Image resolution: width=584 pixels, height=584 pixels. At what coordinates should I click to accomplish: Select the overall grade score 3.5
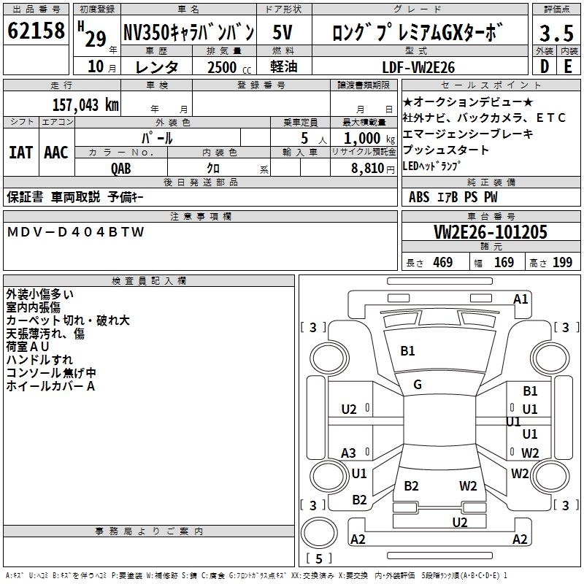555,34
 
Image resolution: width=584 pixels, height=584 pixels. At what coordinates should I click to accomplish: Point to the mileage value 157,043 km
85,104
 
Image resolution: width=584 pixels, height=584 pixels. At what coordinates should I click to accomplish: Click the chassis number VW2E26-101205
490,232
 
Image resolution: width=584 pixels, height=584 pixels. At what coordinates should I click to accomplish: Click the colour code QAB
121,168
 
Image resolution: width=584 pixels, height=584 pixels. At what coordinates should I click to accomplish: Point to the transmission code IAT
20,153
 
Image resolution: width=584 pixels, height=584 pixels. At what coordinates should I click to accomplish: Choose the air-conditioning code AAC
55,153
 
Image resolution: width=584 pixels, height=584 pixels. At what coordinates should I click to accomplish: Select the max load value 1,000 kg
364,138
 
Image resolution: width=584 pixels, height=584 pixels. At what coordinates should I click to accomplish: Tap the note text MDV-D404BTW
76,232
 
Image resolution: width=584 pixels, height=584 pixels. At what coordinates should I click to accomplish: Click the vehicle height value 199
562,263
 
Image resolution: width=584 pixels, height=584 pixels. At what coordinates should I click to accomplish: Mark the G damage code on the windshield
418,385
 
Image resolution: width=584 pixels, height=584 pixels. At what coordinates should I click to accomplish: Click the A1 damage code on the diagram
520,299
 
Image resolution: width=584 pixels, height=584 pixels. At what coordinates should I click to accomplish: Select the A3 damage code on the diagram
349,453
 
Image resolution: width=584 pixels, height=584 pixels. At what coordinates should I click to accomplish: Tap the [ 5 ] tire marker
319,558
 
